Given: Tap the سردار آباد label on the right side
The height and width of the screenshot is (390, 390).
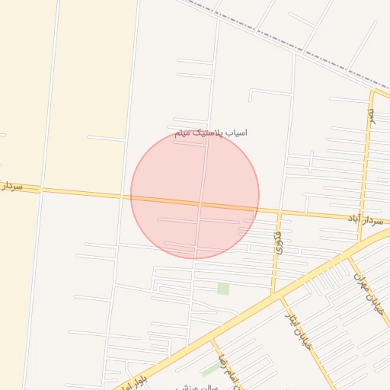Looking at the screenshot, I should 364,219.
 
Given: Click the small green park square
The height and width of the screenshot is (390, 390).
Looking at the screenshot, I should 223,289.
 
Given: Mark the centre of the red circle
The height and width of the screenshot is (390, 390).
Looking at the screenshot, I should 195,195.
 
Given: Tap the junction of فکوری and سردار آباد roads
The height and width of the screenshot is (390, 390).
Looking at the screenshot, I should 280,213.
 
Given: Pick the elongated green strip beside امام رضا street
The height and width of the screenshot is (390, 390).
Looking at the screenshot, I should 209,371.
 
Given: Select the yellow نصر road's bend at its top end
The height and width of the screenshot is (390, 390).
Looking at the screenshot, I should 373,93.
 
